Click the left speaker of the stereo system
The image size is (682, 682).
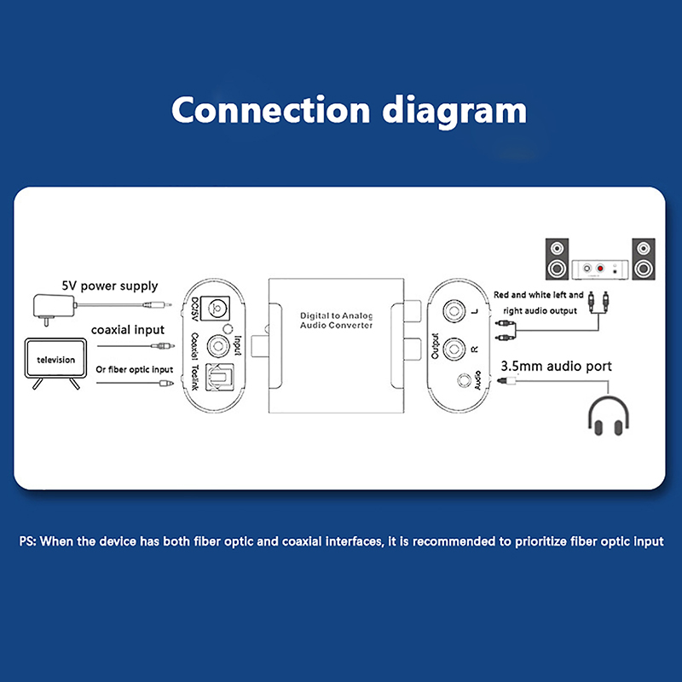tap(557, 258)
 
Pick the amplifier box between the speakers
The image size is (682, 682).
tap(600, 269)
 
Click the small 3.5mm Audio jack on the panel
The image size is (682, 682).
tap(465, 382)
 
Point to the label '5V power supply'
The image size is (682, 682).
tap(109, 286)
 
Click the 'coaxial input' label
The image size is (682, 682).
tap(129, 331)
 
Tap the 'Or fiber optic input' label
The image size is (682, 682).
tap(134, 370)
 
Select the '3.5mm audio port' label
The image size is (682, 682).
tap(556, 367)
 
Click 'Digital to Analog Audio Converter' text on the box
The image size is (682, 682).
tap(336, 321)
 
